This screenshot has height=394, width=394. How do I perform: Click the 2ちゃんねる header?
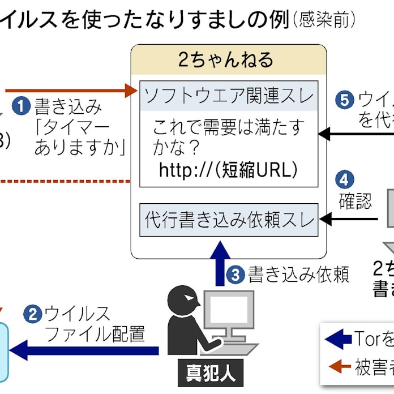tap(229, 59)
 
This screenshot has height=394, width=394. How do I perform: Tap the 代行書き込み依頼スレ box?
tap(229, 219)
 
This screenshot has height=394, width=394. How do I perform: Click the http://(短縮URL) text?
tap(228, 170)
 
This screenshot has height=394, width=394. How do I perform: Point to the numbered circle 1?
tap(22, 106)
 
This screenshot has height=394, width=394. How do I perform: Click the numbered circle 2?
tap(33, 313)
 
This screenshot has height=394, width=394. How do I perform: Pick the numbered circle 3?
tap(236, 275)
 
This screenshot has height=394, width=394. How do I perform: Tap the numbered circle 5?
tap(343, 100)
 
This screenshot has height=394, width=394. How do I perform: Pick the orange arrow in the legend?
tap(338, 366)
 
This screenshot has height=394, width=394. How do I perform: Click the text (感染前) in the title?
tap(324, 20)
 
